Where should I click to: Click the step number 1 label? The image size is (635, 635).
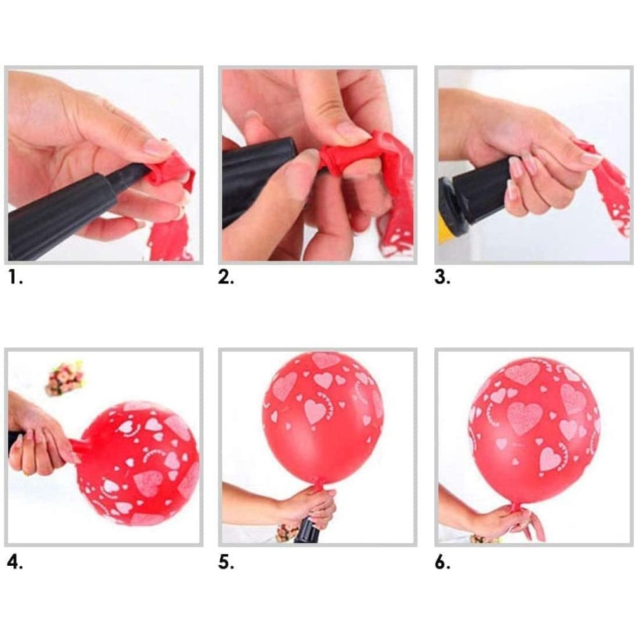pos(15,277)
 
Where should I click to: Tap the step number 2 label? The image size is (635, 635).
pos(226,277)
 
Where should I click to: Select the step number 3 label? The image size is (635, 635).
pos(442,277)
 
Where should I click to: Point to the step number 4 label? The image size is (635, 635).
pos(15,562)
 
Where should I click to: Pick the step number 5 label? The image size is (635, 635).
pos(226,562)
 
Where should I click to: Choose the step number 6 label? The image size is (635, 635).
pos(442,562)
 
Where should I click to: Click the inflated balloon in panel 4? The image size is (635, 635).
pos(138,463)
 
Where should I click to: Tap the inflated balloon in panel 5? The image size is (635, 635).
pos(323,418)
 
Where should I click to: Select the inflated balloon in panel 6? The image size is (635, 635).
pos(534,432)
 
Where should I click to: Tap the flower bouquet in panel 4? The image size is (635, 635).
pos(65,378)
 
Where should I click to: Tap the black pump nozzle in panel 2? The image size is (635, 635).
pos(259,174)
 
